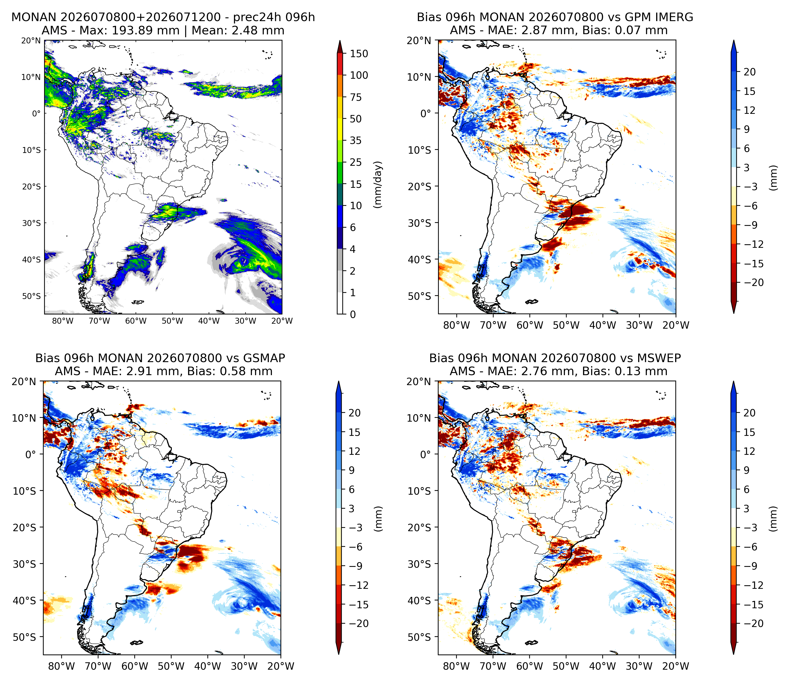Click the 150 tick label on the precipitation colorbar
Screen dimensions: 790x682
[359, 54]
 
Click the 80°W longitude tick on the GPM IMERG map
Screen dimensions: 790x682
[456, 325]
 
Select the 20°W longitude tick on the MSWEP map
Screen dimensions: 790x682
[676, 666]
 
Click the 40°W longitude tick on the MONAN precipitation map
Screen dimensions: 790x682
[209, 321]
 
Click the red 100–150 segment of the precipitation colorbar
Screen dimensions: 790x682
[340, 65]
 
